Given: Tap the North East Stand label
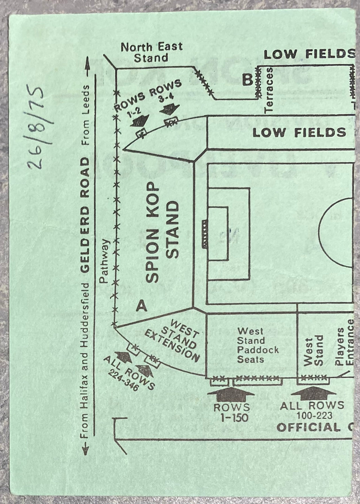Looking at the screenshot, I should [152, 52].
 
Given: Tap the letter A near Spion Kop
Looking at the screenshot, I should [142, 307].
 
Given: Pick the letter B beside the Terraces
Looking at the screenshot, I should [248, 81].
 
